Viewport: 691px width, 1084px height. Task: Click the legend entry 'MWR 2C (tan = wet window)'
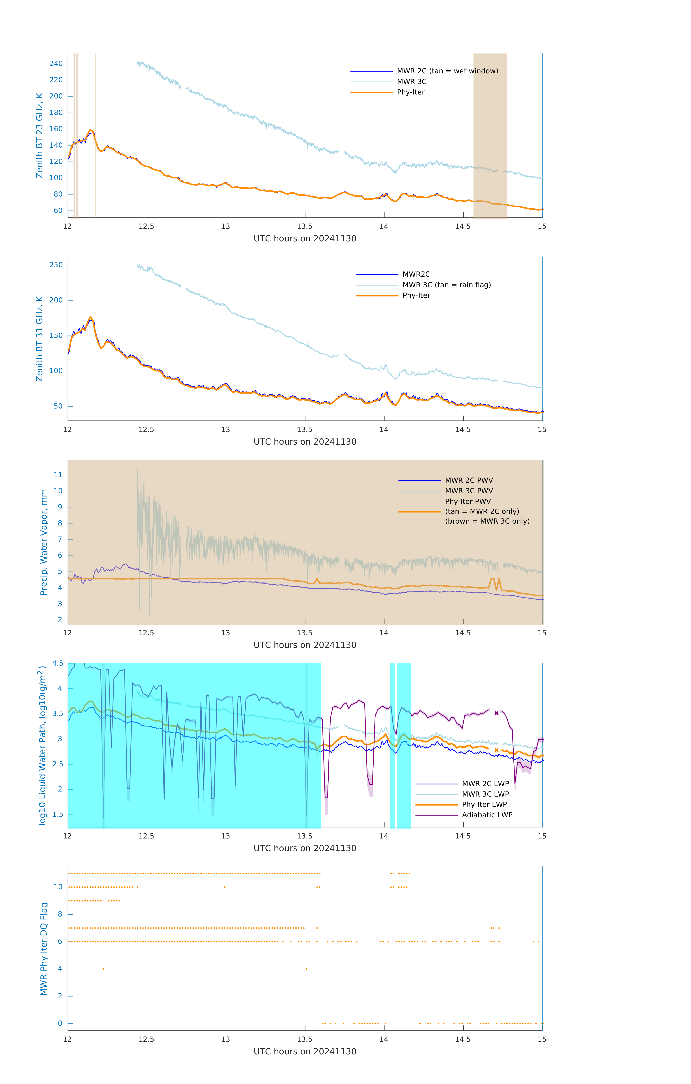tap(447, 71)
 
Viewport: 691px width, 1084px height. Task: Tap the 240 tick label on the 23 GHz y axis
tap(56, 63)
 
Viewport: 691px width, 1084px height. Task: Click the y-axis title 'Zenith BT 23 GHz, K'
tap(40, 135)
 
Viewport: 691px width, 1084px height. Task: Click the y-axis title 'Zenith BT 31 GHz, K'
tap(40, 339)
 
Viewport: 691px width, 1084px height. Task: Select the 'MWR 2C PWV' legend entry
tap(469, 480)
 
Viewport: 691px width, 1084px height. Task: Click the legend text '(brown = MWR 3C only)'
tap(487, 521)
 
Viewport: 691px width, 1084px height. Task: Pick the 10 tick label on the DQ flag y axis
tap(58, 887)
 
